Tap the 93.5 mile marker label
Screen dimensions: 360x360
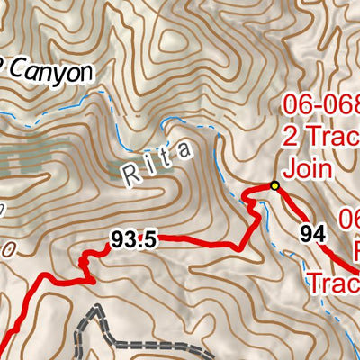(135, 239)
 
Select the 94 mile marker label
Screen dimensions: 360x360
(312, 236)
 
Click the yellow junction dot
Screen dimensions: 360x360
(275, 186)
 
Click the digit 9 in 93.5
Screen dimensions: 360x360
(119, 239)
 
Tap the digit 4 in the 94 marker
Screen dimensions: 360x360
(318, 236)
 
